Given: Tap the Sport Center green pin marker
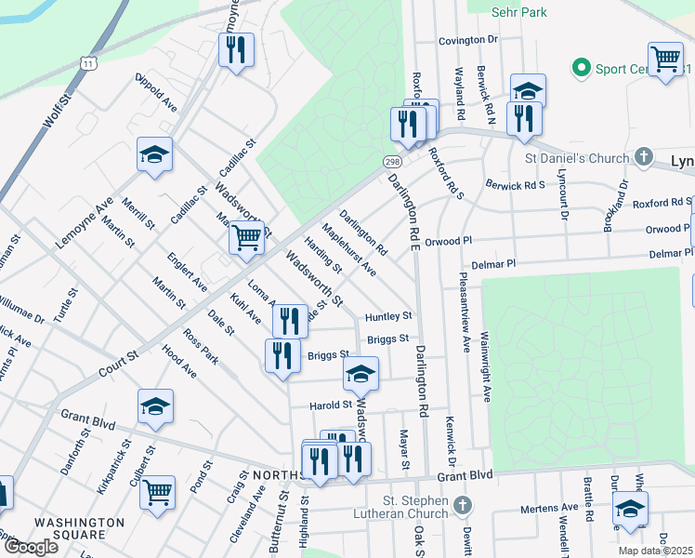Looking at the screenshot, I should tap(583, 68).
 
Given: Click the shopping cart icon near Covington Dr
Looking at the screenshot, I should tap(665, 59).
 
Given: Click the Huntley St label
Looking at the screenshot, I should tap(387, 316).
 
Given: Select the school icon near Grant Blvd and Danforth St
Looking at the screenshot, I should tap(155, 406).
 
